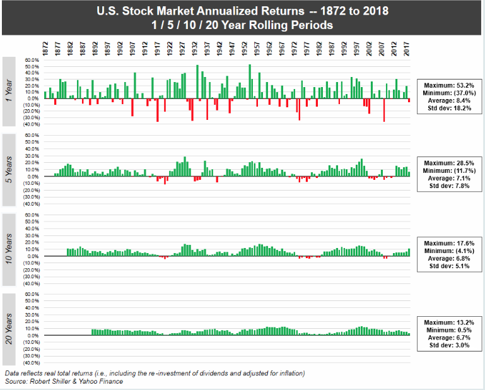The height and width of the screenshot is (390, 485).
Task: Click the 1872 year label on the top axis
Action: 45,49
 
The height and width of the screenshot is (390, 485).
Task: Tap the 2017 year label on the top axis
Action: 407,49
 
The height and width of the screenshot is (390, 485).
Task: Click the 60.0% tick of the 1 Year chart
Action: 32,60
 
